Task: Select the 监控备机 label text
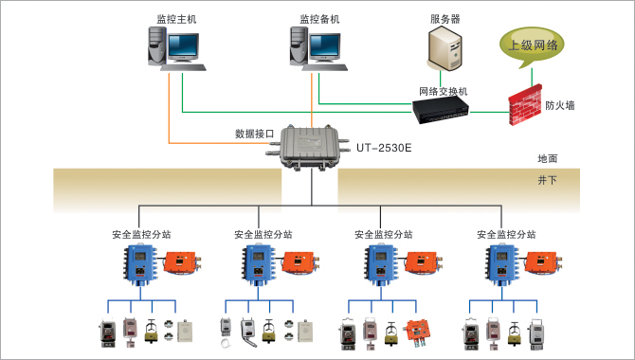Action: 318,18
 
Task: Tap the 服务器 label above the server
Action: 444,18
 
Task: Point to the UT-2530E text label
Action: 384,148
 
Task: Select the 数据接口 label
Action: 254,134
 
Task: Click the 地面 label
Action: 547,158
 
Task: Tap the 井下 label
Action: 547,179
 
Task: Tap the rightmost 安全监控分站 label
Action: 506,234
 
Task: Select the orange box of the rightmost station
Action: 547,262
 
